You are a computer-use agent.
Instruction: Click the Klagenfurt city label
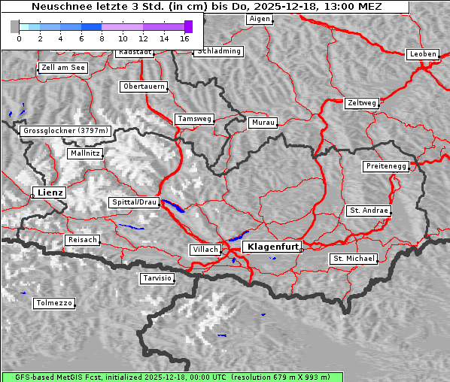tap(274, 246)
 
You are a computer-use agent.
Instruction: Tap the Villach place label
tap(205, 249)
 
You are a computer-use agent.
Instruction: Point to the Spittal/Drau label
tap(135, 202)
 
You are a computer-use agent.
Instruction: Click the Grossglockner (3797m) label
tap(66, 131)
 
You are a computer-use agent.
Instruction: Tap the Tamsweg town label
tap(194, 119)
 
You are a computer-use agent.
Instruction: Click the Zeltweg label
tap(362, 102)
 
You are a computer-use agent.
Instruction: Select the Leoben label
tap(422, 54)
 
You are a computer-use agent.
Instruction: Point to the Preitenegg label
tap(386, 165)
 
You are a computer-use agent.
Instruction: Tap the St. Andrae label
tap(369, 211)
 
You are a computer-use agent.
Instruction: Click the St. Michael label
tap(354, 259)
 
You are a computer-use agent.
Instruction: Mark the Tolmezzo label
tap(53, 304)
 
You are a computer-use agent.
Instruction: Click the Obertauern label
tap(143, 86)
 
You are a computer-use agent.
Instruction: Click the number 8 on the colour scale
tap(102, 38)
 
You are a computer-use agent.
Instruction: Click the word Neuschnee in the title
tap(58, 7)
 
